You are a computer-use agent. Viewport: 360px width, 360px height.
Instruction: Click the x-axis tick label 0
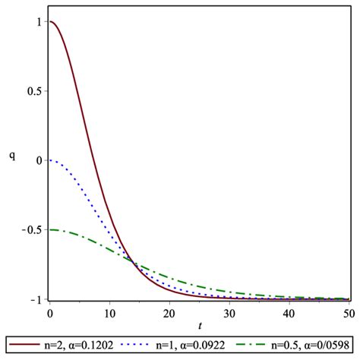49,311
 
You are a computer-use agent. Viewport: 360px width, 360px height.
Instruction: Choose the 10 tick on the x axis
109,311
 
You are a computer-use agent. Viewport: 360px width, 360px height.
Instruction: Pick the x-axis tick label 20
169,311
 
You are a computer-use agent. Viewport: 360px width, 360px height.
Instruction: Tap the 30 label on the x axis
229,311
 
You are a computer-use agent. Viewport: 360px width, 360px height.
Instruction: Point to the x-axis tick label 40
289,311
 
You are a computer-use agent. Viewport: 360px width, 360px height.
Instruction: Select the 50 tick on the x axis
349,311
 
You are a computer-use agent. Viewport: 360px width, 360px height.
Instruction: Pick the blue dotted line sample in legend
141,346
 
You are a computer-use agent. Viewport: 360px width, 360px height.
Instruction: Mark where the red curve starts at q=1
50,21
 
